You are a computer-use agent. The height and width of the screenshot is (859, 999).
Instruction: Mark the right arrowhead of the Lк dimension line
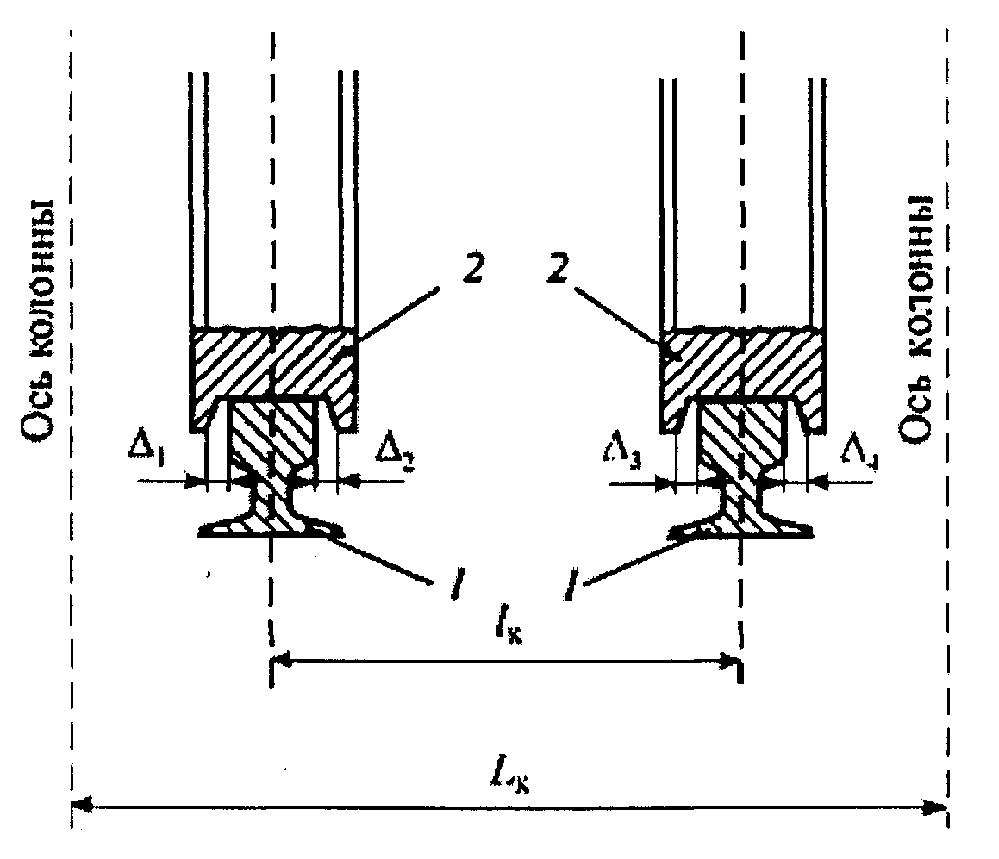pos(940,806)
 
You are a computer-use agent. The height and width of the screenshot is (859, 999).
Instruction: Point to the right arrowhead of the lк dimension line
pos(734,663)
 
